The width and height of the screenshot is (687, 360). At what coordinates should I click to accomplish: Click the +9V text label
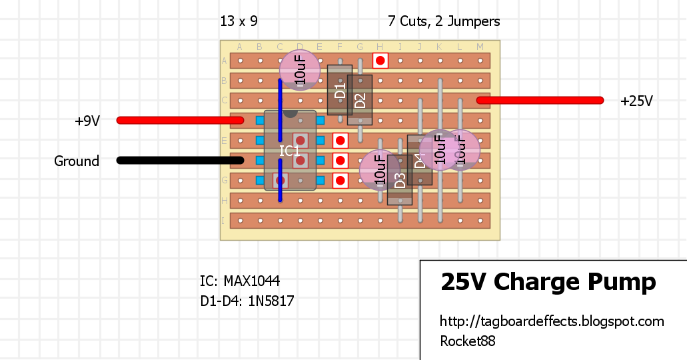click(87, 121)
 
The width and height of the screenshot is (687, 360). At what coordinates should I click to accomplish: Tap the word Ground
click(77, 161)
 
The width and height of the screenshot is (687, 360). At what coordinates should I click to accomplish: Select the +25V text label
click(636, 101)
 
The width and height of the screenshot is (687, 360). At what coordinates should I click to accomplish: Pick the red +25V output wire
click(540, 100)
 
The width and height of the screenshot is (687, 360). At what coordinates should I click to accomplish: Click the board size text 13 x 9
click(239, 21)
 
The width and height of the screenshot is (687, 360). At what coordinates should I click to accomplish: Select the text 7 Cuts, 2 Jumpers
click(444, 21)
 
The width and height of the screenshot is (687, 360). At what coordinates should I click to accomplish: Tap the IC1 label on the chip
click(289, 151)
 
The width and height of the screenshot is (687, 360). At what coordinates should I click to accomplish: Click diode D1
click(340, 91)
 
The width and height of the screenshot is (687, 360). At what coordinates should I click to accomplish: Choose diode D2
click(360, 100)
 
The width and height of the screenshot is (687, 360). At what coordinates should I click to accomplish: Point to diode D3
click(400, 179)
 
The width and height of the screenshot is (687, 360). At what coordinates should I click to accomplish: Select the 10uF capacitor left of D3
click(378, 169)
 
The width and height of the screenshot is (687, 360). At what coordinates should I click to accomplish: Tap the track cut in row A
click(380, 61)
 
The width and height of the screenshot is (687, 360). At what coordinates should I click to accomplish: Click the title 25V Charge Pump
click(548, 282)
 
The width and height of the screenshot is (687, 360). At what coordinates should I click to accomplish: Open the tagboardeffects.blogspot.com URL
click(552, 321)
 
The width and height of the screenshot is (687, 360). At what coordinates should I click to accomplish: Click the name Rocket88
click(467, 341)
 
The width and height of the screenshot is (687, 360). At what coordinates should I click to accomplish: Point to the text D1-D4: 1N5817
click(247, 301)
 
